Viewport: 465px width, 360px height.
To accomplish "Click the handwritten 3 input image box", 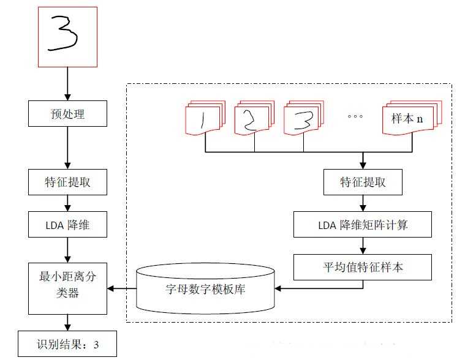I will [x=68, y=37].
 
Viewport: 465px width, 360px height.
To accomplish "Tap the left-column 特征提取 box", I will [x=68, y=182].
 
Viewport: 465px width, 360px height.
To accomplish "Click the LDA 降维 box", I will [x=68, y=225].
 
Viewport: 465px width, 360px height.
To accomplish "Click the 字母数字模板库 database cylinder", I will [x=206, y=287].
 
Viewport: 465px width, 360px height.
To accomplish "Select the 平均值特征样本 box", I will [x=363, y=267].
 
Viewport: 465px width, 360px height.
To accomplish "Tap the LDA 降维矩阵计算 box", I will [x=363, y=225].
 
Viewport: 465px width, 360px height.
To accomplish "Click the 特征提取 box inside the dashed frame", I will [x=363, y=182].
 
